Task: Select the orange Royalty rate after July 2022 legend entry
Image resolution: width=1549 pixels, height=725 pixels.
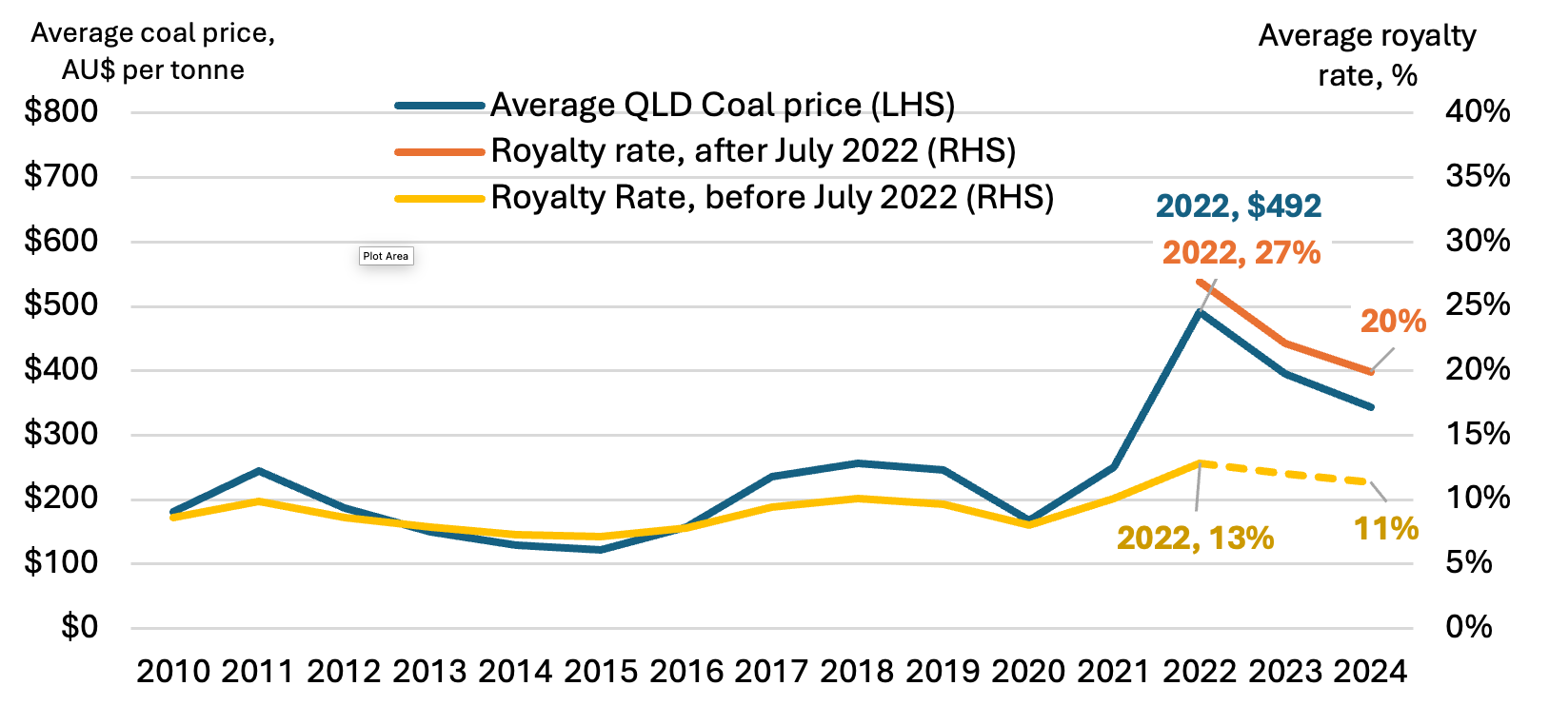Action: (x=752, y=151)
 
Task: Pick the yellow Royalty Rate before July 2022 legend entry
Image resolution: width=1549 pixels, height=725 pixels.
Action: (x=771, y=198)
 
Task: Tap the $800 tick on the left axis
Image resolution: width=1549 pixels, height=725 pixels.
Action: (x=61, y=111)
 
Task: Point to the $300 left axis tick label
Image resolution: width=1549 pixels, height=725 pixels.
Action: (x=61, y=434)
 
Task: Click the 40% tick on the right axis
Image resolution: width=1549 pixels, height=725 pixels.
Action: (x=1478, y=111)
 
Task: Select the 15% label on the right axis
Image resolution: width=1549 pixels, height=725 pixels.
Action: (x=1478, y=434)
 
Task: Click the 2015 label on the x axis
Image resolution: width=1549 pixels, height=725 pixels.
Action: (x=601, y=671)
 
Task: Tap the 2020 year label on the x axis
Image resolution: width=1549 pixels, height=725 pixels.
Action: (x=1028, y=671)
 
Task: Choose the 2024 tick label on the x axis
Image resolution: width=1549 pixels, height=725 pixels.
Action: (x=1370, y=671)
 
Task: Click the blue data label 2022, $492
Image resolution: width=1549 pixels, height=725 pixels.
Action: (x=1239, y=206)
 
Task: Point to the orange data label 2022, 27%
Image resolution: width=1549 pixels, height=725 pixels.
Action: (x=1241, y=252)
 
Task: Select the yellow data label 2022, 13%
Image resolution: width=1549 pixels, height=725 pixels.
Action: (x=1195, y=538)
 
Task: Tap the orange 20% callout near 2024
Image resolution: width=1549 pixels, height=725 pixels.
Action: (x=1393, y=322)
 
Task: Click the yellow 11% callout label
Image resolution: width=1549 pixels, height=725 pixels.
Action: (x=1386, y=528)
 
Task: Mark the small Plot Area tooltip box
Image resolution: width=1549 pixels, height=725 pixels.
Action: (x=386, y=256)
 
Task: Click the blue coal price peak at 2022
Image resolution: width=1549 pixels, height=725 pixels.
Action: (x=1200, y=311)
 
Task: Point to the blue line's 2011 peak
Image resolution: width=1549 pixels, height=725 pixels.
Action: (x=259, y=470)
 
